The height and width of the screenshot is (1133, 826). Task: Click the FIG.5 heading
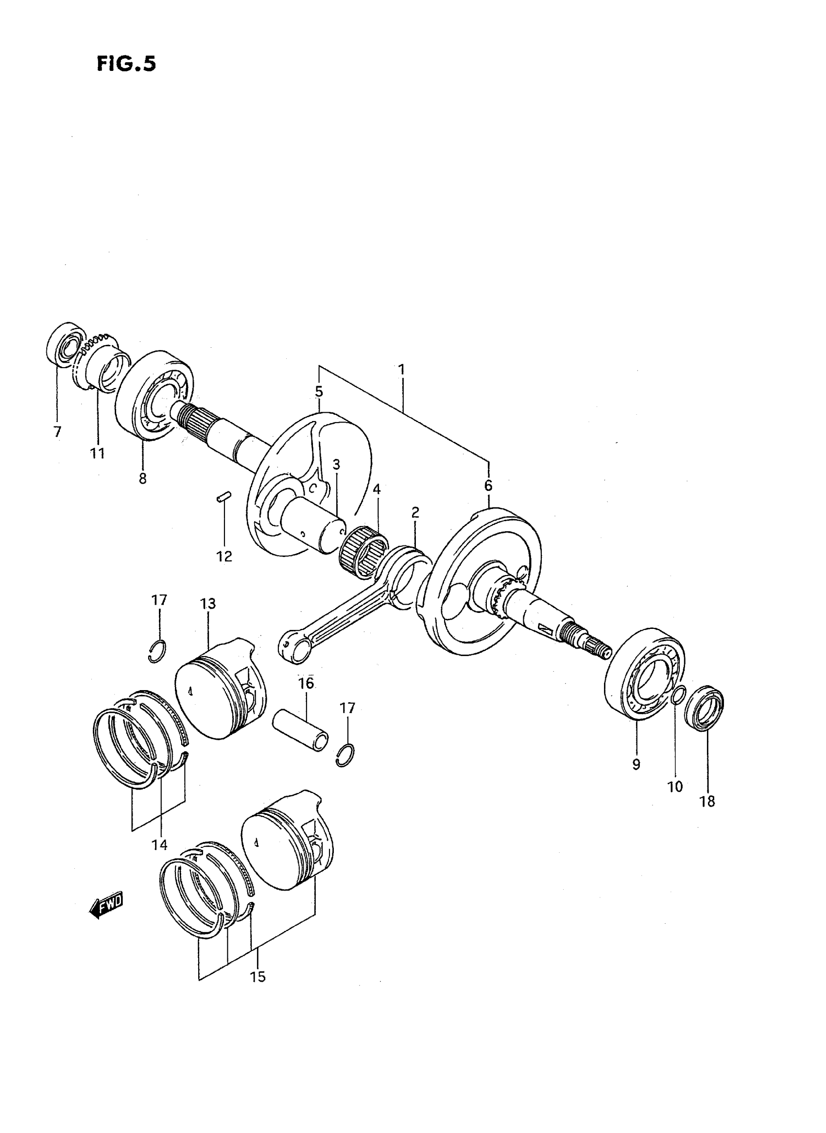(x=126, y=65)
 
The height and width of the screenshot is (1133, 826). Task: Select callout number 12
(x=224, y=556)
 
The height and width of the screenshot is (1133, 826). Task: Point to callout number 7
(x=57, y=431)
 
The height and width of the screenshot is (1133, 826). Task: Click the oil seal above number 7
(x=66, y=345)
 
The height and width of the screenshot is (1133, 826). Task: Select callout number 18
(x=707, y=802)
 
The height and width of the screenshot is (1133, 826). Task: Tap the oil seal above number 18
(x=704, y=709)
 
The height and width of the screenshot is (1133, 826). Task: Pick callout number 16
(x=306, y=683)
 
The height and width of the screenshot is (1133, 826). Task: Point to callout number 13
(x=208, y=604)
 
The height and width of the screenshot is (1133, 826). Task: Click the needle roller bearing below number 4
(x=363, y=556)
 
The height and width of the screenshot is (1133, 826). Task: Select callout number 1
(x=401, y=370)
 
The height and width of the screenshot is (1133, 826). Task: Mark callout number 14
(x=159, y=845)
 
